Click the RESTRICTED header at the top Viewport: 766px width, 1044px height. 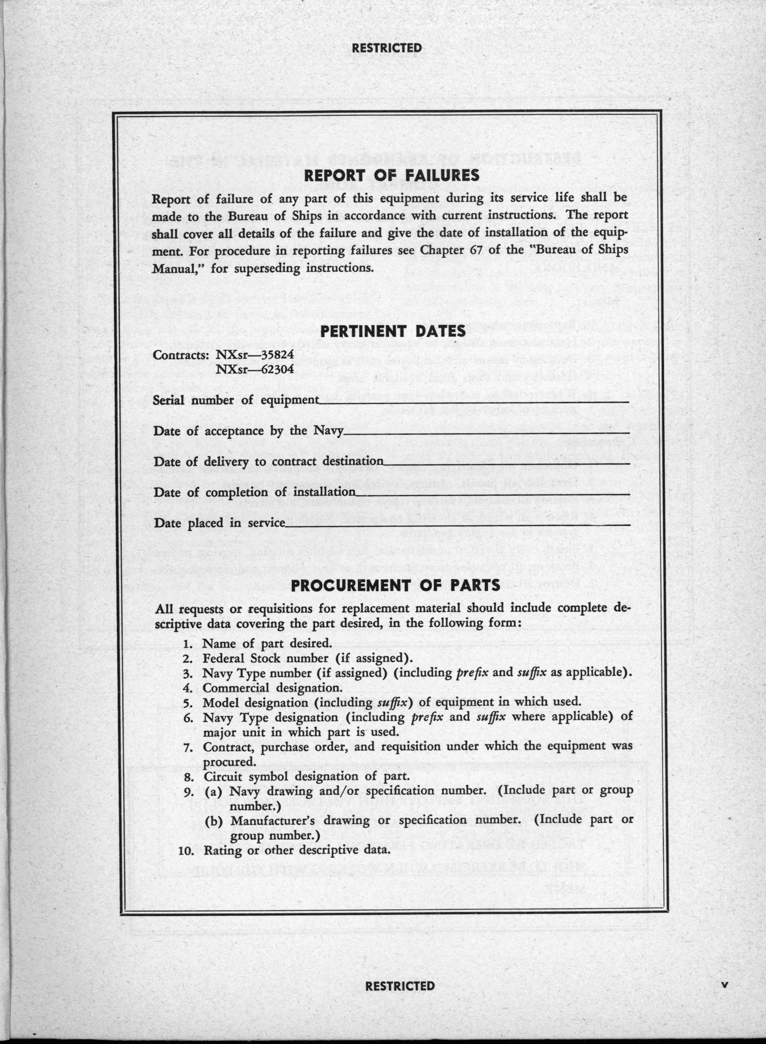point(387,48)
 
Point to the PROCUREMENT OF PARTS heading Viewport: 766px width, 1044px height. point(395,585)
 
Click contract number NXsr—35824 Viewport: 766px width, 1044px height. point(255,355)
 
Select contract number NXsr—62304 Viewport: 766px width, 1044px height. point(255,369)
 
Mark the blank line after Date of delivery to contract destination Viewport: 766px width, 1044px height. point(506,463)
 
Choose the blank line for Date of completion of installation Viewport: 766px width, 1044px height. point(492,494)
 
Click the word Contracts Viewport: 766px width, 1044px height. point(182,355)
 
